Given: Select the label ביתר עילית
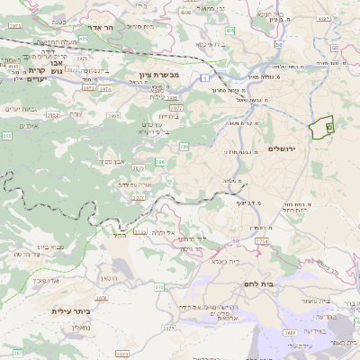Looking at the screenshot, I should (73, 311).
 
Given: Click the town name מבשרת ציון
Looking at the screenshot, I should (160, 75).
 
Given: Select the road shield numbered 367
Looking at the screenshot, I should (18, 352).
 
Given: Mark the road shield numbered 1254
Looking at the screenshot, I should (263, 242).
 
